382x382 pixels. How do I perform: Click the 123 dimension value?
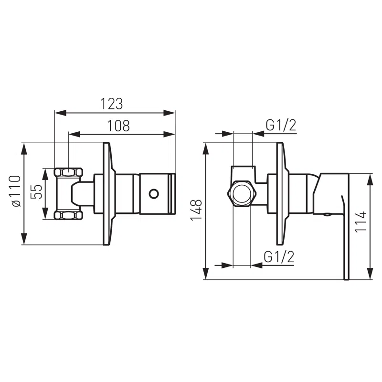tap(112, 104)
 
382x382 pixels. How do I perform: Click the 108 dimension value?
tap(118, 126)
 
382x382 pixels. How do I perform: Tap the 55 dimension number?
tap(37, 191)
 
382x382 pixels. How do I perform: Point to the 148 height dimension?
tap(196, 210)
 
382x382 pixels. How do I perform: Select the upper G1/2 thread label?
tap(281, 126)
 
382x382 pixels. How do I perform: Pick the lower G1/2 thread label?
tap(279, 257)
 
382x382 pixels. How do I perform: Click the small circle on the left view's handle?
tap(154, 194)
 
